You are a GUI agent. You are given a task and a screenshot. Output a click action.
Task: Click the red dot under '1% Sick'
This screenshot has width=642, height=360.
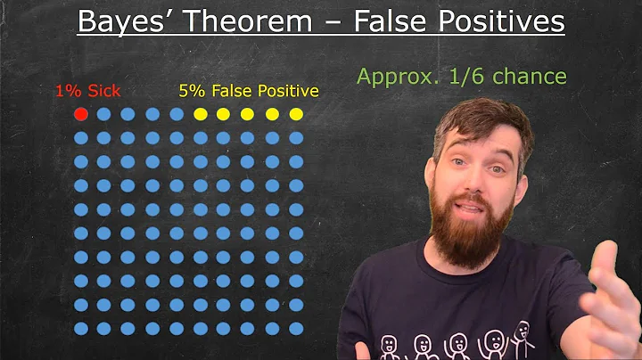(x=80, y=114)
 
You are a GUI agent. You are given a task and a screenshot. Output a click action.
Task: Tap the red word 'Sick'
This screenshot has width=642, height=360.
(x=103, y=91)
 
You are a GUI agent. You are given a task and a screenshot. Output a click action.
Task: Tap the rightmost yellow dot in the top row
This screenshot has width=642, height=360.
(x=296, y=114)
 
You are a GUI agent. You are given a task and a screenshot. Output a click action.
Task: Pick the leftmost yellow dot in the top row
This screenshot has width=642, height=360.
(x=201, y=114)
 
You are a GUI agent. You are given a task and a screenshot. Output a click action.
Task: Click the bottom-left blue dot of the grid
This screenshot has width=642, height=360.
(x=80, y=329)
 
